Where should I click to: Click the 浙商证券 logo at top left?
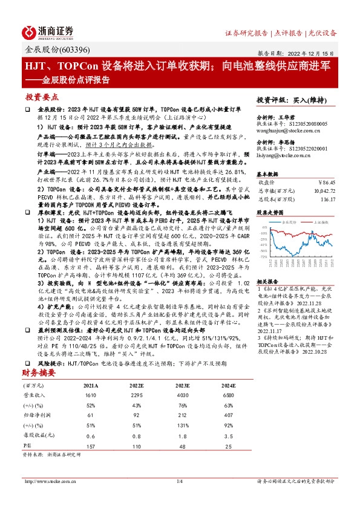[x=48, y=32]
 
